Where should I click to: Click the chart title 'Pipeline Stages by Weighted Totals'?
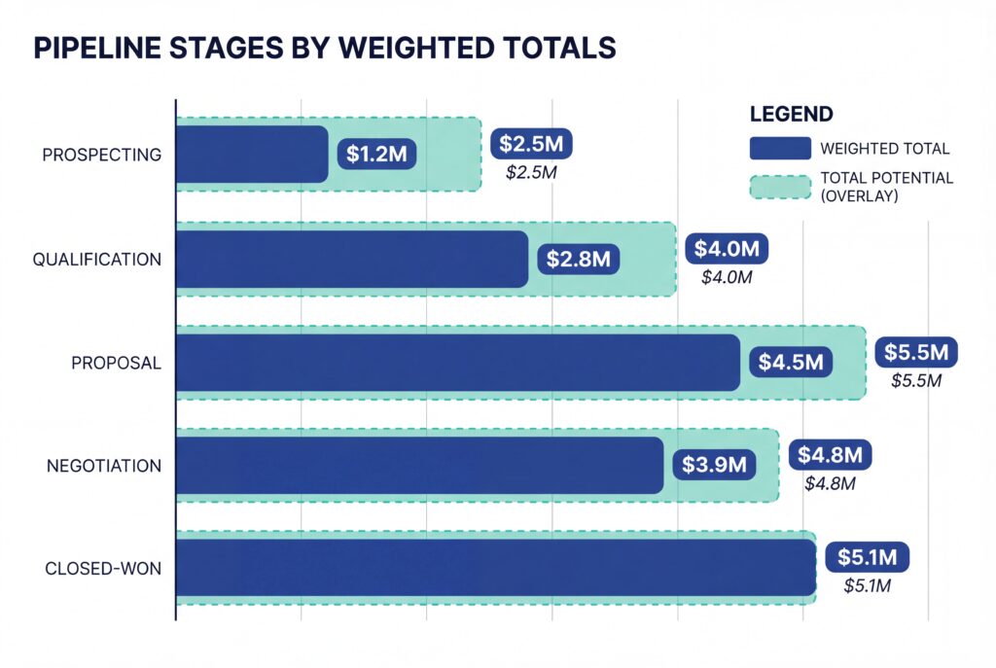[x=325, y=49]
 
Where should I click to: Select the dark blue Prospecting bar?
[x=252, y=154]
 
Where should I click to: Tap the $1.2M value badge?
[x=376, y=154]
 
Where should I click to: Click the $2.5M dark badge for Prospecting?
[x=531, y=144]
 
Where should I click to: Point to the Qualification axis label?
[x=96, y=260]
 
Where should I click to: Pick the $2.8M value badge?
[x=578, y=259]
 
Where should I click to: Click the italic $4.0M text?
[x=727, y=277]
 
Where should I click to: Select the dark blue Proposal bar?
[x=457, y=363]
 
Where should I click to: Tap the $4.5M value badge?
[x=791, y=363]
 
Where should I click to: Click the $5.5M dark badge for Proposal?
[x=916, y=352]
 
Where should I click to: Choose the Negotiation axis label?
[x=104, y=466]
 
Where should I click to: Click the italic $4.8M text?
[x=830, y=483]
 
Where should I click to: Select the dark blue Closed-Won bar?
[x=495, y=568]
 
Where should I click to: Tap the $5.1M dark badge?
[x=868, y=558]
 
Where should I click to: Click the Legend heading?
[x=791, y=114]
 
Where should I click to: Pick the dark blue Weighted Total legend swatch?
[x=779, y=149]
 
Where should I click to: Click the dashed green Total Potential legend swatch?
[x=779, y=187]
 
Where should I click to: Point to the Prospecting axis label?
[x=101, y=155]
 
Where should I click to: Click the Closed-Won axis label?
[x=103, y=569]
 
